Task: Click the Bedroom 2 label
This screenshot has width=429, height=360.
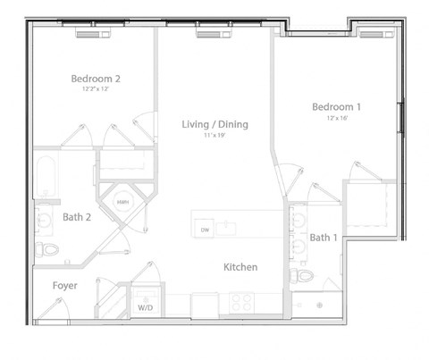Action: coord(96,79)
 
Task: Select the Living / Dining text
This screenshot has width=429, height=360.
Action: coord(214,124)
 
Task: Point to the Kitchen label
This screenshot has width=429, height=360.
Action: coord(240,267)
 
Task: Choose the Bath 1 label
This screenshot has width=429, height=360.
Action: coord(324,238)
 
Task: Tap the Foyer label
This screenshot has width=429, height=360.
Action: coord(64,286)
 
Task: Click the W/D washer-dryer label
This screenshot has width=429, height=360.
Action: coord(145,307)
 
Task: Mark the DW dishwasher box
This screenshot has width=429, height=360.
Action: coord(205,230)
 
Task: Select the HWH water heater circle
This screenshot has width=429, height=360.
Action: coord(122,203)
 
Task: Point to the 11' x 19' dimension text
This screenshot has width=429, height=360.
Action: coord(214,136)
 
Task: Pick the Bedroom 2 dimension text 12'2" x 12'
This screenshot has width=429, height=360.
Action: coord(96,89)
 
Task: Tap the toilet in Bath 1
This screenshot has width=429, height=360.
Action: coord(300,275)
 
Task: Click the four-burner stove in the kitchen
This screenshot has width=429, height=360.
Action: coord(242,303)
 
